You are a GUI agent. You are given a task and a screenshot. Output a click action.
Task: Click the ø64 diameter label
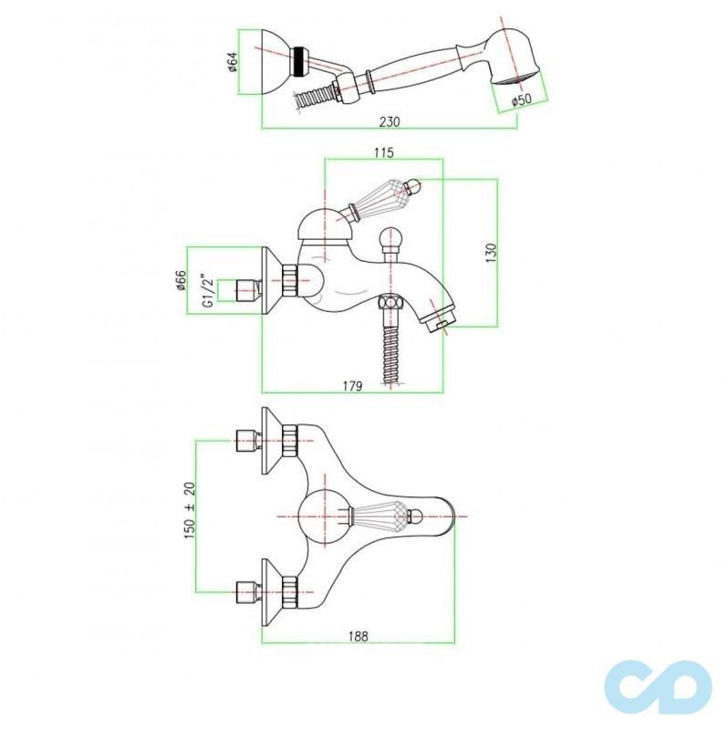pyautogui.click(x=233, y=62)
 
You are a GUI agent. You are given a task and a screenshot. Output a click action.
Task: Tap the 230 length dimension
pyautogui.click(x=390, y=121)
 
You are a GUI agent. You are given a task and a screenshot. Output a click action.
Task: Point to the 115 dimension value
pyautogui.click(x=384, y=153)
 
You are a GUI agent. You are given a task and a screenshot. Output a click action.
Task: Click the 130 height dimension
pyautogui.click(x=490, y=251)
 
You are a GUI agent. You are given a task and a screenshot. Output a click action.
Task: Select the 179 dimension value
pyautogui.click(x=354, y=386)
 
